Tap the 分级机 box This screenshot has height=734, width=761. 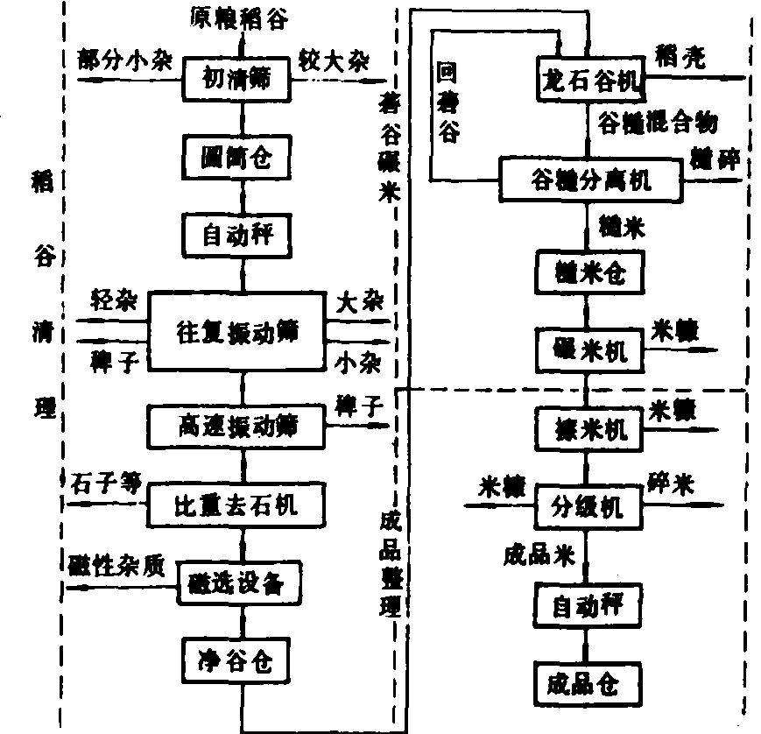[x=589, y=505]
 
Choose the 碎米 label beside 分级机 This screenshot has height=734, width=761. [x=676, y=483]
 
